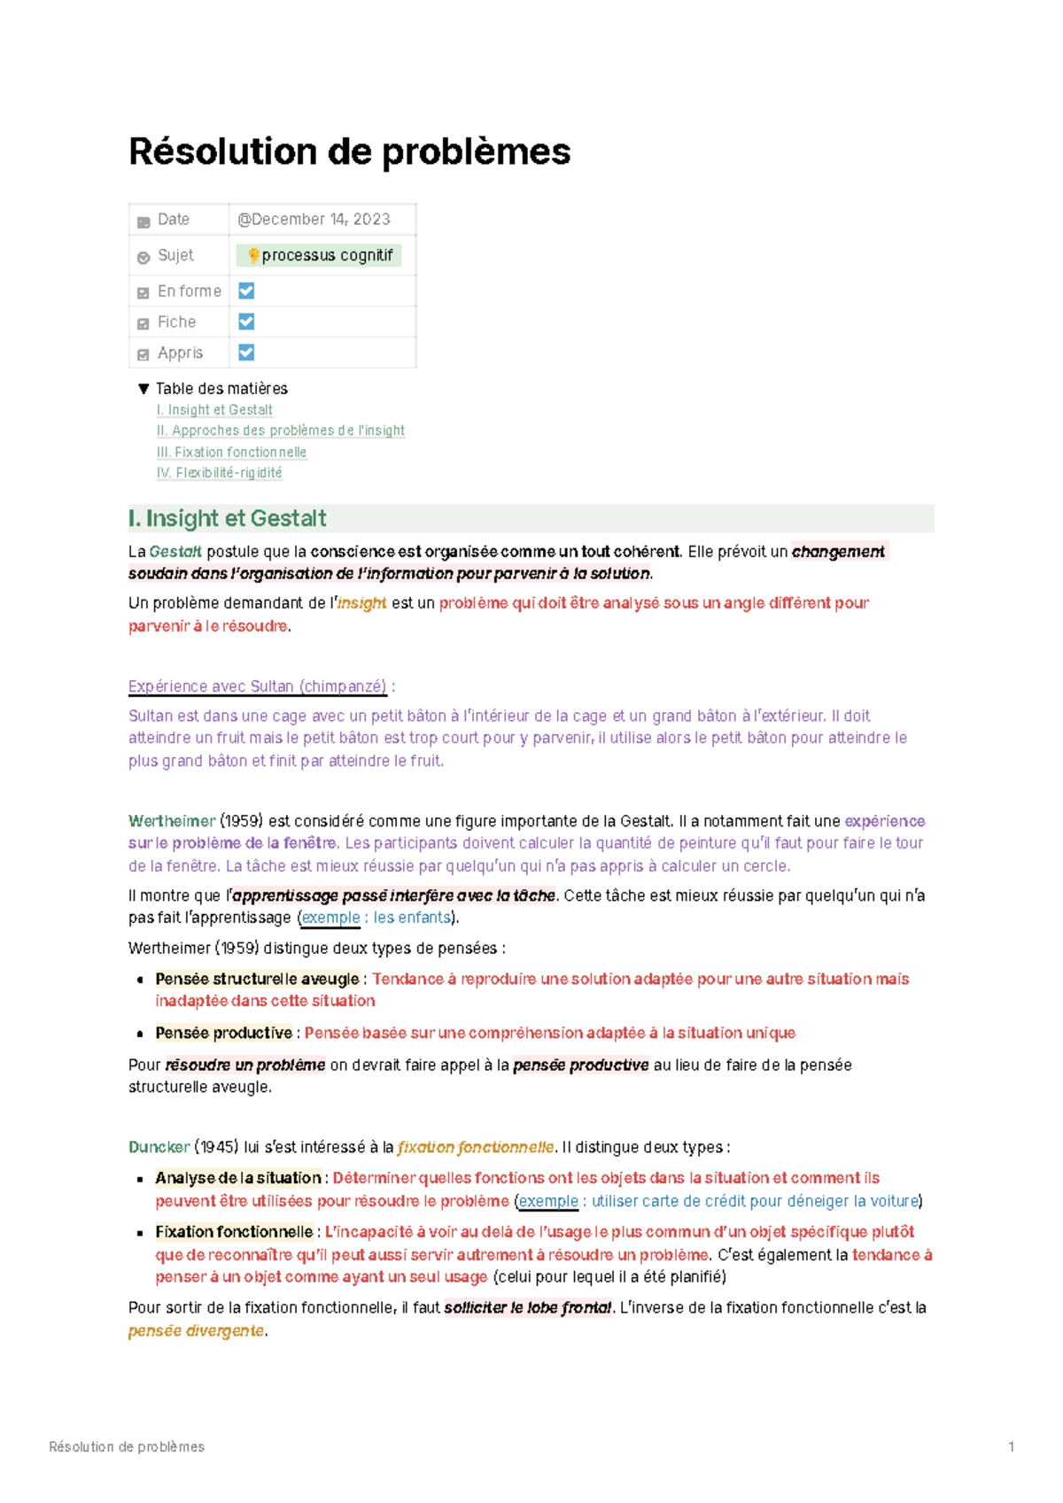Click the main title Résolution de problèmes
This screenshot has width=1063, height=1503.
pyautogui.click(x=349, y=151)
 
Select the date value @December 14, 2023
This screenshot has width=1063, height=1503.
pyautogui.click(x=314, y=220)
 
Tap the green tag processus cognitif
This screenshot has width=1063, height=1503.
pyautogui.click(x=319, y=256)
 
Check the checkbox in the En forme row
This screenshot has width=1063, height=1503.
pyautogui.click(x=246, y=291)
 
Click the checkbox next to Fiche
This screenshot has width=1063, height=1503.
pyautogui.click(x=246, y=322)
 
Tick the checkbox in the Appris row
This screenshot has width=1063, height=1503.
pyautogui.click(x=246, y=353)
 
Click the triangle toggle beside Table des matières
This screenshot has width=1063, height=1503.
pyautogui.click(x=144, y=389)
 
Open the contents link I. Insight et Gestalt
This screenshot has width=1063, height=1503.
pyautogui.click(x=214, y=410)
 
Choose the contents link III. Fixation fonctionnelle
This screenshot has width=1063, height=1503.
pyautogui.click(x=231, y=452)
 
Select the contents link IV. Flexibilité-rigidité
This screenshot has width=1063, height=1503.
pyautogui.click(x=219, y=473)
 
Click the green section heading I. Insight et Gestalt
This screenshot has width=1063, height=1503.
pyautogui.click(x=227, y=518)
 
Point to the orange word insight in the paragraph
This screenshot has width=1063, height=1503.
pyautogui.click(x=361, y=603)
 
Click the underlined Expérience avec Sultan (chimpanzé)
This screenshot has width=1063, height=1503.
pyautogui.click(x=257, y=686)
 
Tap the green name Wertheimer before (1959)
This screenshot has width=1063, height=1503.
pyautogui.click(x=172, y=821)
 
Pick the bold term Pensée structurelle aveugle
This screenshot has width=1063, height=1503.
pyautogui.click(x=257, y=979)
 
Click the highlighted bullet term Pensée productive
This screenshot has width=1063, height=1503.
pyautogui.click(x=223, y=1033)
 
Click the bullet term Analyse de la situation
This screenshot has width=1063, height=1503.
pyautogui.click(x=237, y=1178)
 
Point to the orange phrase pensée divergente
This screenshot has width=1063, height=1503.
pyautogui.click(x=196, y=1330)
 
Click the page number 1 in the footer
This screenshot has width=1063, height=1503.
pyautogui.click(x=1011, y=1446)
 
